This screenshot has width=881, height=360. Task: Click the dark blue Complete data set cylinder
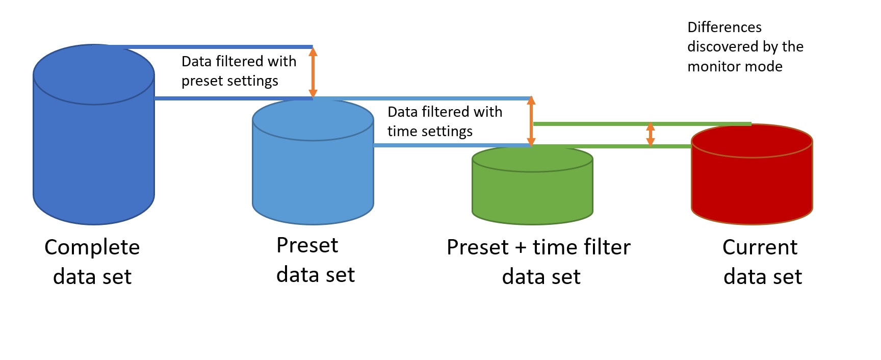(x=94, y=148)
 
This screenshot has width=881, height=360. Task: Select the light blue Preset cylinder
(x=313, y=173)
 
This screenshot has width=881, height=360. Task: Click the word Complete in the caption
(x=92, y=248)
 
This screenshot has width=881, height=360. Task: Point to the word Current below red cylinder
(x=760, y=247)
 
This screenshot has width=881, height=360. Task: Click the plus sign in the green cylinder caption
(x=521, y=248)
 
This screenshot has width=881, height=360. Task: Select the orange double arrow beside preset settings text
(x=313, y=72)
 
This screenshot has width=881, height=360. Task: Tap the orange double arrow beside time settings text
(x=531, y=121)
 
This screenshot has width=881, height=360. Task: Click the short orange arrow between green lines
(x=650, y=135)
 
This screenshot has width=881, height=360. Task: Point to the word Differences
(x=724, y=27)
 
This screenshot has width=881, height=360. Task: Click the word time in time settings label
(x=402, y=132)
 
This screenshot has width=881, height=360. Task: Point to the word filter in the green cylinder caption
(x=606, y=247)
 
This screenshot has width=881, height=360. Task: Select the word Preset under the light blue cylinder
(x=307, y=246)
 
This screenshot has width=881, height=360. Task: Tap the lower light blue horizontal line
(x=451, y=145)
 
